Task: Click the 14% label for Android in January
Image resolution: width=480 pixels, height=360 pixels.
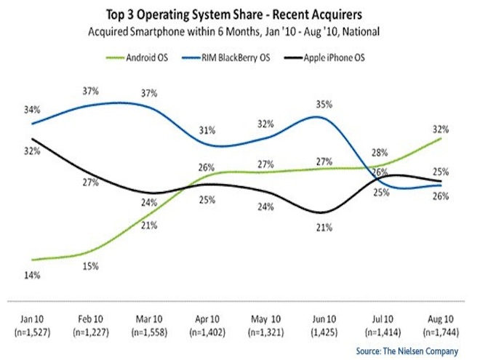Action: [31, 276]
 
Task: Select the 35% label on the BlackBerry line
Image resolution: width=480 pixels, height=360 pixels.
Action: [322, 105]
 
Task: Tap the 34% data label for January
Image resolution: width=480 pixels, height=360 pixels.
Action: [31, 110]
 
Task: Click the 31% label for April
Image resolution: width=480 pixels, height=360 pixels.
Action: [207, 131]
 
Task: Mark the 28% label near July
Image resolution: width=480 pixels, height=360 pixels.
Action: [377, 152]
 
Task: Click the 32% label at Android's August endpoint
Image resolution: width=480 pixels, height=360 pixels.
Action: [440, 129]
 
